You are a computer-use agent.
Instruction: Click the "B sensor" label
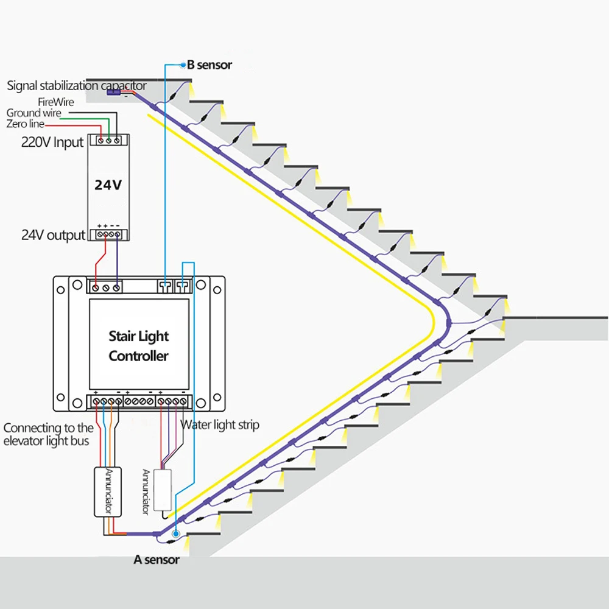click(x=209, y=65)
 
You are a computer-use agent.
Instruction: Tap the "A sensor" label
click(x=157, y=560)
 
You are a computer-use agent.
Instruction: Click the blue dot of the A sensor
click(x=175, y=534)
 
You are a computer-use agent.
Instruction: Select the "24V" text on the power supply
click(x=108, y=185)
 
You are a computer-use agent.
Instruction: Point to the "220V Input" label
click(x=52, y=142)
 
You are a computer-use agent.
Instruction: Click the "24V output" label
click(x=53, y=235)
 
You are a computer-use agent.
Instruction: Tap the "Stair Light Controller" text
click(x=139, y=346)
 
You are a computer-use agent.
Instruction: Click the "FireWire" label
click(x=56, y=102)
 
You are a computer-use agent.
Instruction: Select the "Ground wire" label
click(x=33, y=113)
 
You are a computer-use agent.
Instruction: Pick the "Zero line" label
click(x=25, y=124)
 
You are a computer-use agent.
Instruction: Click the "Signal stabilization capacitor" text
click(x=77, y=85)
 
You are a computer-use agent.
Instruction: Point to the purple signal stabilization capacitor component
click(x=113, y=93)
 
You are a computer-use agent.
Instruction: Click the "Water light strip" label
click(x=220, y=425)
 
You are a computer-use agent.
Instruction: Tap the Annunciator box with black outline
click(x=108, y=492)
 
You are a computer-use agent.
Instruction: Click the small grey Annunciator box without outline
click(x=163, y=490)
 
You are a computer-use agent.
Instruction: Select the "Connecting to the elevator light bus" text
click(x=48, y=435)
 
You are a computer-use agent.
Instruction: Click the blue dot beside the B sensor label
click(x=183, y=65)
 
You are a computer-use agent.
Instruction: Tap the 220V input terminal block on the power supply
click(x=109, y=140)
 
